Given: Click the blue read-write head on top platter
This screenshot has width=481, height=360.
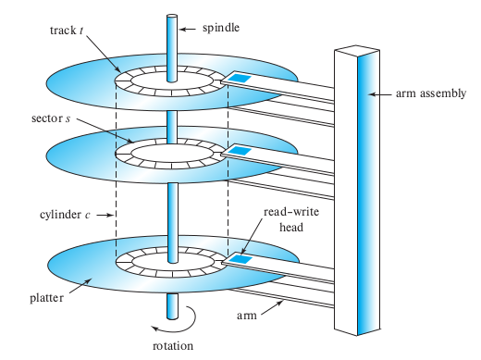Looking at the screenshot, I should click(239, 78).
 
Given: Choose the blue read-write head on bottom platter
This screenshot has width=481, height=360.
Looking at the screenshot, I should click(240, 260).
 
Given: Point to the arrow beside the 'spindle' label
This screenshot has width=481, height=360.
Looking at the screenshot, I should click(188, 29).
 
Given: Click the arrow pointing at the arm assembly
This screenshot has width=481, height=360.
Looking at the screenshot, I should click(378, 93).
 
